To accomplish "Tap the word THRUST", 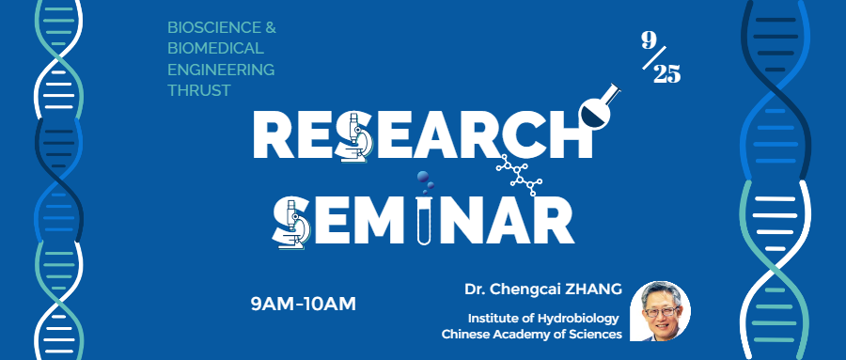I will click(x=198, y=90).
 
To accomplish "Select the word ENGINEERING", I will click(x=220, y=70).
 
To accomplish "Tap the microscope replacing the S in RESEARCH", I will click(x=357, y=137).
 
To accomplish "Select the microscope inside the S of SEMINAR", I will click(x=294, y=222).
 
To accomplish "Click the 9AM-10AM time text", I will click(x=304, y=304).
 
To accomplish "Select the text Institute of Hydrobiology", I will click(x=544, y=318).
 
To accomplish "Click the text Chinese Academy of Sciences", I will click(x=531, y=334).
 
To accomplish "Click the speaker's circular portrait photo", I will click(x=660, y=311).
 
